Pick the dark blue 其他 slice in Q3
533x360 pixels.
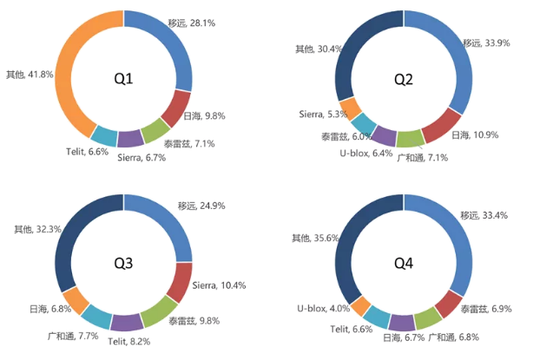69,243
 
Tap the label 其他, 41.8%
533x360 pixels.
29,75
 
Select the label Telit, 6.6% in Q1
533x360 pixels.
87,151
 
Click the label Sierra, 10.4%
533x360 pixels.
218,285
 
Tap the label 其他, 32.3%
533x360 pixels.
36,229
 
